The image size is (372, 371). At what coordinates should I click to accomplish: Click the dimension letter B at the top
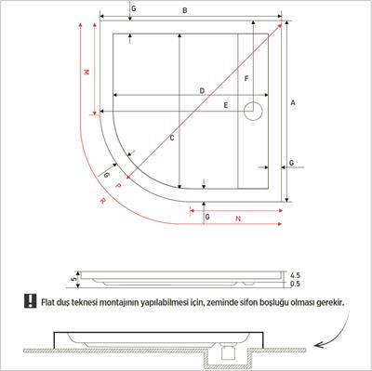click(185, 10)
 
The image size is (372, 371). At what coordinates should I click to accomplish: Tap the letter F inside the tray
click(246, 80)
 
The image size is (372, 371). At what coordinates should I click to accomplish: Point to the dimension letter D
click(202, 89)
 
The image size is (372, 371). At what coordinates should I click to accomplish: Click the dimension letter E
click(226, 105)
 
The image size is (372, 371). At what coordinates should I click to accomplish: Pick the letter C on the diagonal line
click(172, 138)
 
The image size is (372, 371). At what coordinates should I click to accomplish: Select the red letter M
click(86, 71)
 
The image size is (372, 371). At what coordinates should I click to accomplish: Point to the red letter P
click(118, 184)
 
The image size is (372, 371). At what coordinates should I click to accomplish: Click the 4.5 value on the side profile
click(296, 276)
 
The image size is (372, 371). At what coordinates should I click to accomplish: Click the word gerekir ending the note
click(326, 303)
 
